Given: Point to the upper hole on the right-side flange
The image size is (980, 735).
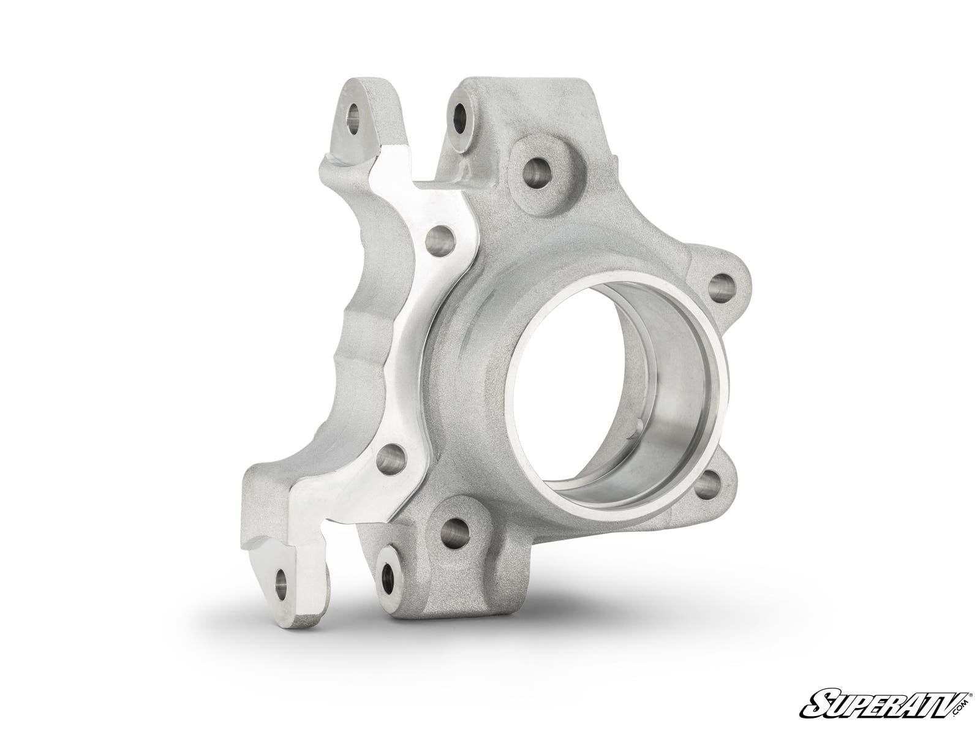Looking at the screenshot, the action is [722, 290].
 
